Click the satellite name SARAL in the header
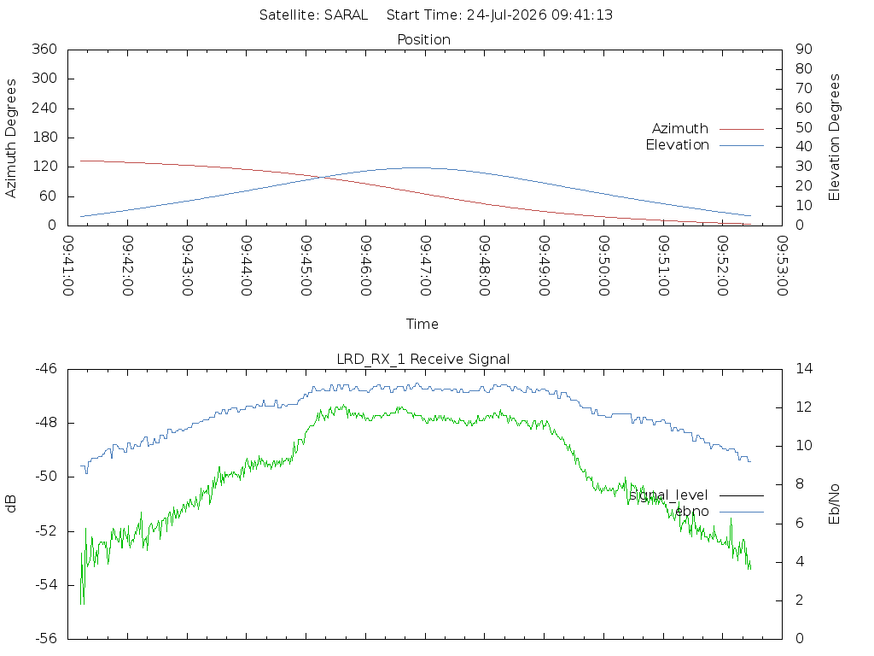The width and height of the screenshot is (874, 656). point(347,15)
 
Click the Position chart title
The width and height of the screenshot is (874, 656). point(423,39)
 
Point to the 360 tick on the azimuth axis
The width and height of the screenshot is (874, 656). point(44,49)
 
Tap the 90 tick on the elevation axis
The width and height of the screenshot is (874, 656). point(804,49)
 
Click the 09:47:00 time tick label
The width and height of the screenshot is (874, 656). point(425,266)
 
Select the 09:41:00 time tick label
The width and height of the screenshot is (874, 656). point(68,266)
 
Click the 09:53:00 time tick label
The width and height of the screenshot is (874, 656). point(783,266)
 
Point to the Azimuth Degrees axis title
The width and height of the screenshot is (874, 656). point(10,138)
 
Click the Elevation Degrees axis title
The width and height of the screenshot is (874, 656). point(834,138)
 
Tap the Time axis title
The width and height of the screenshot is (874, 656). point(422,324)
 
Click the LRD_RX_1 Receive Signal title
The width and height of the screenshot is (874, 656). point(423,360)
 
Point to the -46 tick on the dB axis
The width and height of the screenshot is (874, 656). point(46,369)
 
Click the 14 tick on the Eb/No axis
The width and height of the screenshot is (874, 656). point(804,369)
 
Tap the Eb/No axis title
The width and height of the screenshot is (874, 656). point(834,504)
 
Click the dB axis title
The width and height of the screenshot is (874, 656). point(10,504)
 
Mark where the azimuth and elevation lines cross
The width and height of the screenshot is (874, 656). point(322,178)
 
